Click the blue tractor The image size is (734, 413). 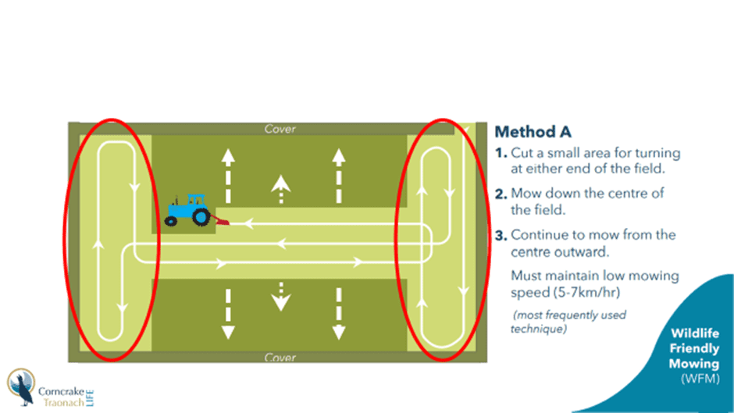click(x=187, y=210)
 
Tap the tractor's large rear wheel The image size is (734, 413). click(x=201, y=217)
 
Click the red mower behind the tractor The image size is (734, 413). click(x=220, y=220)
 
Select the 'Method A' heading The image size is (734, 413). click(x=533, y=132)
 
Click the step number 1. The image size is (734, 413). click(x=501, y=153)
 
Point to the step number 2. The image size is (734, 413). click(x=501, y=194)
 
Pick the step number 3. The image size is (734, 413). click(x=501, y=235)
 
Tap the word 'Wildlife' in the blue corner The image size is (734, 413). click(x=695, y=333)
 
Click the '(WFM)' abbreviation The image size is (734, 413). click(x=700, y=379)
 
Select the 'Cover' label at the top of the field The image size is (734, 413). click(x=280, y=129)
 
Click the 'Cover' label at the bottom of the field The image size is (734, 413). click(x=280, y=358)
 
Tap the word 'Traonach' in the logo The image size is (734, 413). click(x=64, y=402)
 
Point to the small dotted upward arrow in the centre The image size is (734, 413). click(x=281, y=189)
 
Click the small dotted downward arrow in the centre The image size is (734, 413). click(x=281, y=297)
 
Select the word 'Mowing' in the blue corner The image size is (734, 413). click(x=693, y=365)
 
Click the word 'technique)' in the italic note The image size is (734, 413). click(x=538, y=329)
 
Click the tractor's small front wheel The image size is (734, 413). click(x=171, y=222)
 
